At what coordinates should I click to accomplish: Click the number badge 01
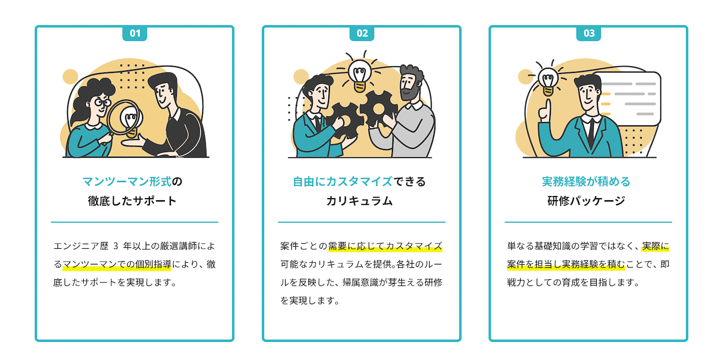pos(134,34)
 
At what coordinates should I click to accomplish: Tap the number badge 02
pos(361,34)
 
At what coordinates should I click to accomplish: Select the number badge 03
pos(589,34)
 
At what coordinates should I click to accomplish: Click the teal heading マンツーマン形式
pos(127,182)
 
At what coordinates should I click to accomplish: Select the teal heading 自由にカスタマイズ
pos(342,182)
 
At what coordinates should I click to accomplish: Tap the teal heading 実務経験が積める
pos(586,182)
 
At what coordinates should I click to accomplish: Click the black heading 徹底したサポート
pos(132,201)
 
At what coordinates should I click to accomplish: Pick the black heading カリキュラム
pos(359,201)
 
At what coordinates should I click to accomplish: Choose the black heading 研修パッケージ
pos(586,201)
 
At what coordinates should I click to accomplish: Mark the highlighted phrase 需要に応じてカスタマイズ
pos(385,245)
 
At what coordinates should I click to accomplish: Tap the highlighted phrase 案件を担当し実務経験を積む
pos(566,264)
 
